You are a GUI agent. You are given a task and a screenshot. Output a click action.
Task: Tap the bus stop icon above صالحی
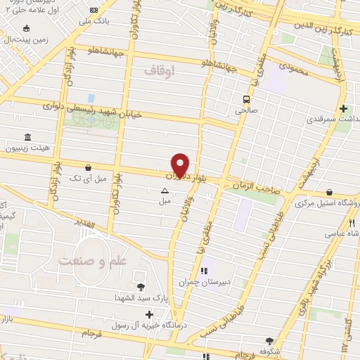tap(247, 99)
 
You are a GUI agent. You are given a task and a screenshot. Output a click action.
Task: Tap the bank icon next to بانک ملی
tap(95, 11)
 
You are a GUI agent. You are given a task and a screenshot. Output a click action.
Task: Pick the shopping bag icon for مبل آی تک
tap(88, 168)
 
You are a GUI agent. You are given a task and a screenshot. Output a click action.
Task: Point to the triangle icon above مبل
tap(165, 191)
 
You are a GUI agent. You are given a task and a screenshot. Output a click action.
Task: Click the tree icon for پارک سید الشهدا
tap(141, 286)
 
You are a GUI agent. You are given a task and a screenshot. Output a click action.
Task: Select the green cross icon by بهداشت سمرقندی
tap(343, 109)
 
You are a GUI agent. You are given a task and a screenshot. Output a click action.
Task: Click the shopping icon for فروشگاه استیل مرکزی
tap(330, 191)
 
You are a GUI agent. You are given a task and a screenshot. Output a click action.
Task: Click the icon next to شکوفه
tap(268, 340)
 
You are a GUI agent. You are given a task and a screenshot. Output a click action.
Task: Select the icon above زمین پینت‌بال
tap(26, 29)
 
